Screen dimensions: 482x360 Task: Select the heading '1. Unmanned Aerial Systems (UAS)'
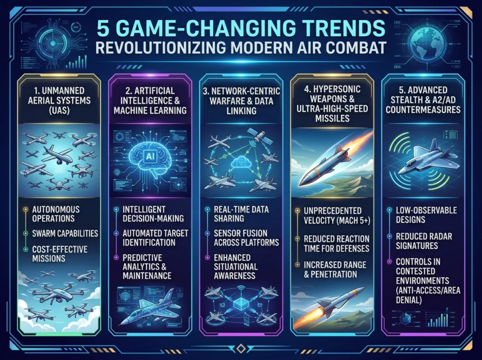[59, 100]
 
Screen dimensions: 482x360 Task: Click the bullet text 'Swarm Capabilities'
[65, 233]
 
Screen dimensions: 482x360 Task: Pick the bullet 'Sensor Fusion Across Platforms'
[246, 237]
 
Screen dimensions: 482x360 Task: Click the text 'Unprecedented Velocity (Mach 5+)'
[337, 215]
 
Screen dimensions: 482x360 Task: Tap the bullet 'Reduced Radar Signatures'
[424, 241]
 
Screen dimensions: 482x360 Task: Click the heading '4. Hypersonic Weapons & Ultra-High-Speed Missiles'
[332, 103]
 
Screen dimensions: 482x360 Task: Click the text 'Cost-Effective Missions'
[60, 254]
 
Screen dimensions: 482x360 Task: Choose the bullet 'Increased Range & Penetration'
[335, 269]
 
